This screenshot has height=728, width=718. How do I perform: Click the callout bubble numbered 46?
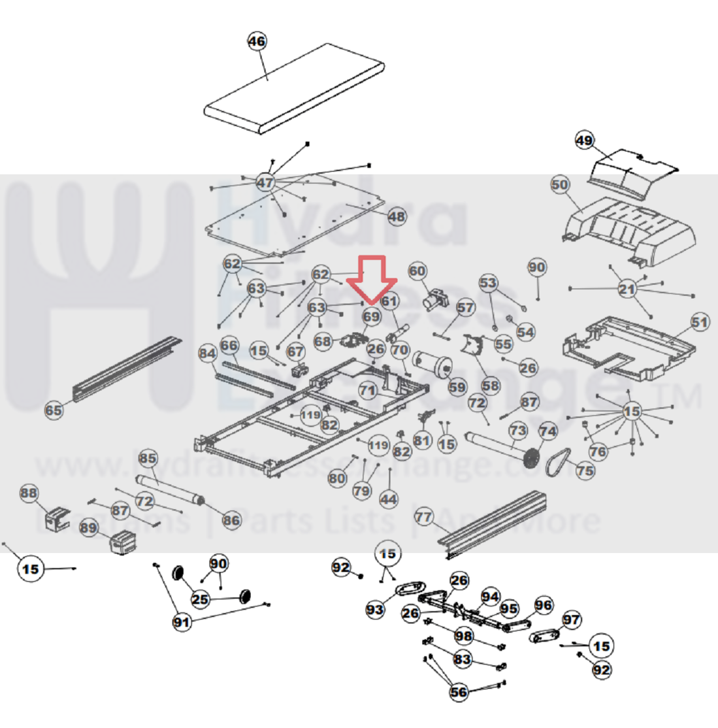[257, 41]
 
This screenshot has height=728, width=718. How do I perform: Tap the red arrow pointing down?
[371, 280]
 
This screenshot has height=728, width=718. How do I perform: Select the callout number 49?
[584, 140]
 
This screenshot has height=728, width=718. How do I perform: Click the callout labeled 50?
[560, 185]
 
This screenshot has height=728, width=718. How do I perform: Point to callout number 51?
[700, 322]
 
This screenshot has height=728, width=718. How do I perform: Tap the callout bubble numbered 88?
[29, 493]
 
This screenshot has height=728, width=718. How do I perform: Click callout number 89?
[89, 527]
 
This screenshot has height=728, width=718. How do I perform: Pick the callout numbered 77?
[424, 518]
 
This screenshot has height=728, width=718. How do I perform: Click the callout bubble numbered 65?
[54, 410]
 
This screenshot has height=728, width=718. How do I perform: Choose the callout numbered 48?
[397, 216]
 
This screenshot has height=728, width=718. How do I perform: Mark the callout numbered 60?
[417, 271]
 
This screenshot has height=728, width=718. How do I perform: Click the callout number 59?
[457, 388]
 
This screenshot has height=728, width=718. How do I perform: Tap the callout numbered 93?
[374, 610]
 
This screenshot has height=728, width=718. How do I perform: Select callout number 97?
[571, 619]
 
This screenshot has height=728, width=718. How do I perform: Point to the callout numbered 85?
[148, 458]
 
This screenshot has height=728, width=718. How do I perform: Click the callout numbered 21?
[627, 289]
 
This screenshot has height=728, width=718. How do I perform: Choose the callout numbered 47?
[265, 182]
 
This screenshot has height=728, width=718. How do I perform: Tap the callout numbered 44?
[388, 499]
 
